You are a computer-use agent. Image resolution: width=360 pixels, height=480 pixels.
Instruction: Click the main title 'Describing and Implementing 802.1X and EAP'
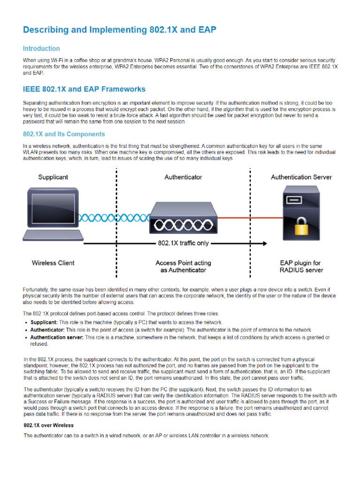120,30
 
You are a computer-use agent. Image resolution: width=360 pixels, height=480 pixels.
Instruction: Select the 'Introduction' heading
42,48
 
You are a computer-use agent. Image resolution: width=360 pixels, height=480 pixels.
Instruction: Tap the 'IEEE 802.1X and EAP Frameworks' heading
84,89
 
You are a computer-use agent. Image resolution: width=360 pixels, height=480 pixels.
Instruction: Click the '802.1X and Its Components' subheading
64,134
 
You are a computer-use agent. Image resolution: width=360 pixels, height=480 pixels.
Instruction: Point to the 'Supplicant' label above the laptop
53,177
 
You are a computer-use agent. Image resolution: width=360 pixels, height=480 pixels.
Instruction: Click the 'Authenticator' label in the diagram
183,177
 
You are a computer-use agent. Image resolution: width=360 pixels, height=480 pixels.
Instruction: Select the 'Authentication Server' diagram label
301,177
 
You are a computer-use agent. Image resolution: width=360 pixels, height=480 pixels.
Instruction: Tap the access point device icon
183,219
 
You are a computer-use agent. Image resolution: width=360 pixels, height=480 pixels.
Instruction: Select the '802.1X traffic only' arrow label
183,243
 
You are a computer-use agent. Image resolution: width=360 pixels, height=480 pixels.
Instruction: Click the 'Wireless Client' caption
53,263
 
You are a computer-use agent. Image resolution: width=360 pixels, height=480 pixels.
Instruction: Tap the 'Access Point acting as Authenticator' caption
183,266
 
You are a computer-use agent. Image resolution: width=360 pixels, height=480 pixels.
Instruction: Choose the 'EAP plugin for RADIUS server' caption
301,266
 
